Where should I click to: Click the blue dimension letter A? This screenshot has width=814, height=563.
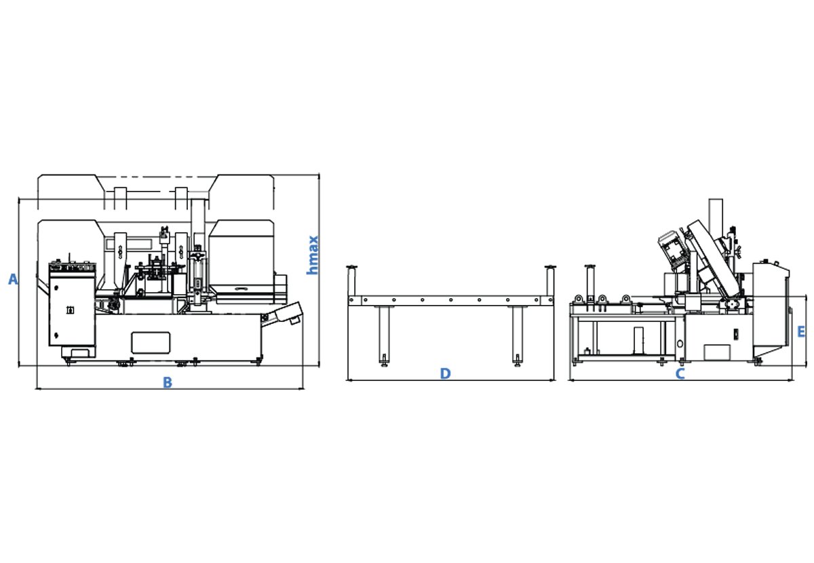(x=13, y=280)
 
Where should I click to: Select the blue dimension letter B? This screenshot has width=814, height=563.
(x=168, y=382)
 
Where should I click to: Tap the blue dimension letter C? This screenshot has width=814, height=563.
(x=680, y=374)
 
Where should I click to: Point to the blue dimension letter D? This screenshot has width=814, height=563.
(x=446, y=374)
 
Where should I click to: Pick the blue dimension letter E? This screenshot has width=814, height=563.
(x=801, y=332)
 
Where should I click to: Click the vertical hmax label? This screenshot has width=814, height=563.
(x=313, y=255)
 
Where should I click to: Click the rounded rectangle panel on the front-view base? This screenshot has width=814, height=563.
(x=151, y=342)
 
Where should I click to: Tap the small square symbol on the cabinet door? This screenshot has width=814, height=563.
(x=71, y=310)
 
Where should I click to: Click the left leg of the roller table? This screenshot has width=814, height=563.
(x=384, y=334)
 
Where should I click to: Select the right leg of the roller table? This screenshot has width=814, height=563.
(x=518, y=334)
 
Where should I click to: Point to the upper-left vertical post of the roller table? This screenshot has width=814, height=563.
(x=351, y=281)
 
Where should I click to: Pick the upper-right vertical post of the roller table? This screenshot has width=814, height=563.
(x=550, y=281)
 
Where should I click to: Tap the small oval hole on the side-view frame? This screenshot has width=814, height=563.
(x=680, y=344)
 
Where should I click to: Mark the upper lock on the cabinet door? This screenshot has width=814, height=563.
(x=56, y=288)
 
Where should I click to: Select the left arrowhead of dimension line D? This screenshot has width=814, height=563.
(x=349, y=380)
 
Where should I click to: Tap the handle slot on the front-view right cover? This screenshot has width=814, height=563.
(x=241, y=289)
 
